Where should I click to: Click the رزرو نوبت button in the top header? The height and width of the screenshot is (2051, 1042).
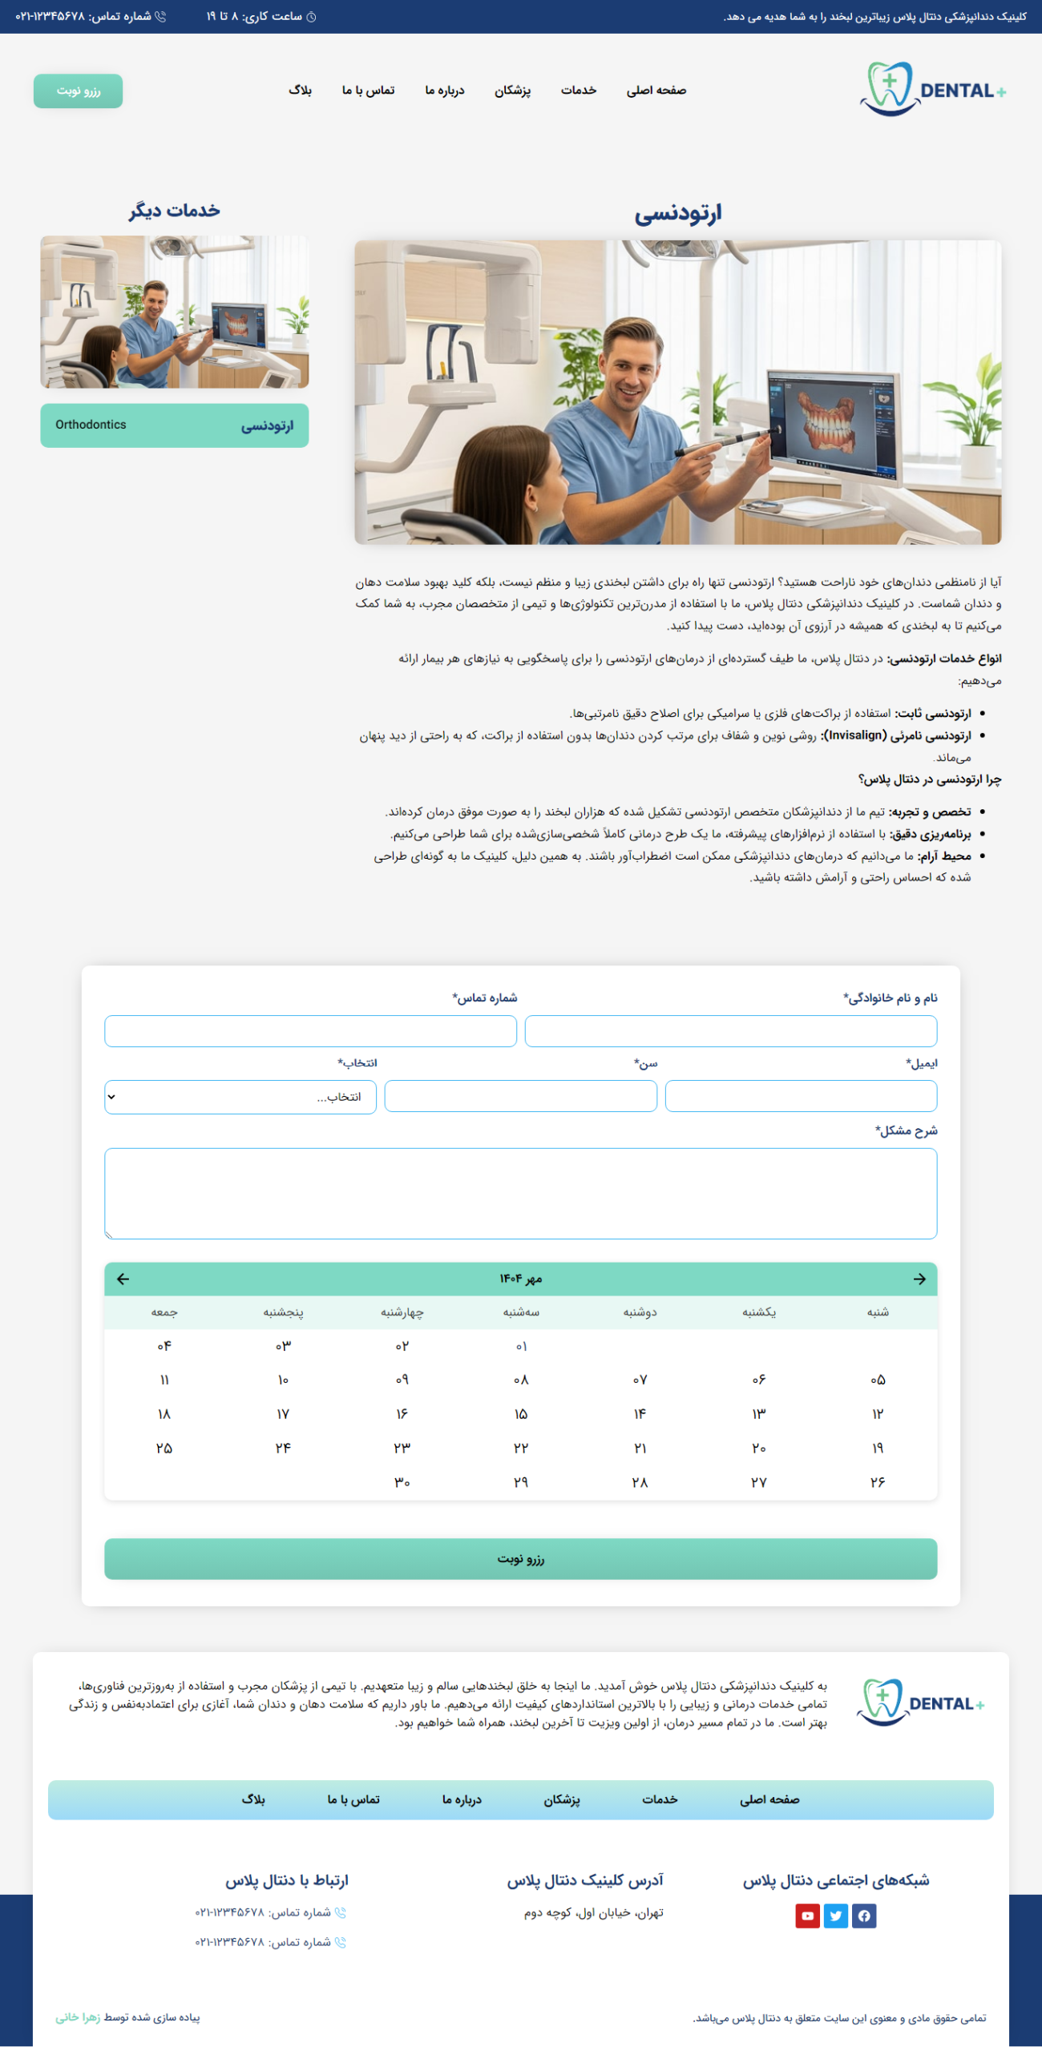point(78,91)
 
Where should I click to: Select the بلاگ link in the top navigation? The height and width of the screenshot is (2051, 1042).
point(300,91)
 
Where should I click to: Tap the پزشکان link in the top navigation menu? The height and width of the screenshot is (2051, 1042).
point(512,91)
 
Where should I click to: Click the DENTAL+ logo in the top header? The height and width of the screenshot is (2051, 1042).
point(932,90)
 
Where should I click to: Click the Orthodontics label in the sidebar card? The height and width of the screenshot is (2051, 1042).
point(91,425)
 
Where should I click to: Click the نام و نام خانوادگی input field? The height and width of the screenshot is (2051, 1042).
point(730,1031)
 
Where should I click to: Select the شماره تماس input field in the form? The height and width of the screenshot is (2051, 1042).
point(310,1031)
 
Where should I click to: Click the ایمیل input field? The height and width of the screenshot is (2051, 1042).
point(801,1096)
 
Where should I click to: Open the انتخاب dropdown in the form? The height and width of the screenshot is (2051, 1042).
point(240,1097)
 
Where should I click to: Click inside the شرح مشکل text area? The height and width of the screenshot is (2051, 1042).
point(520,1193)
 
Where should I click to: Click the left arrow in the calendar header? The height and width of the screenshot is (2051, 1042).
point(123,1279)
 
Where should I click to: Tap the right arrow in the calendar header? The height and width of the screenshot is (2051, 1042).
point(919,1279)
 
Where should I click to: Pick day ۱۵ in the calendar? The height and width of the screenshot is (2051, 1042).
point(521,1414)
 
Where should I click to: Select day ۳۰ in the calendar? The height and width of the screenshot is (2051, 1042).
point(402,1482)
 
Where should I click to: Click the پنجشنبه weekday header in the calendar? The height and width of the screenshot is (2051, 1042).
point(283,1312)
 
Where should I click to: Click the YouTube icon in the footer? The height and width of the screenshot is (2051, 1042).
point(807,1916)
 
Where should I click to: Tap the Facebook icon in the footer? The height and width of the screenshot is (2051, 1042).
point(864,1916)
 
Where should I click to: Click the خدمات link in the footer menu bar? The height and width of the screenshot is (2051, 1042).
point(660,1799)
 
